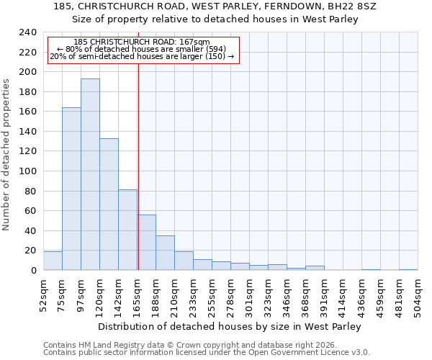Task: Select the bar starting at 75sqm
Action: pos(71,189)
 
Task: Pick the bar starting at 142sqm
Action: pos(127,230)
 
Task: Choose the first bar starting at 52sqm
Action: pos(53,261)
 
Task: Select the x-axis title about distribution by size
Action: pos(229,326)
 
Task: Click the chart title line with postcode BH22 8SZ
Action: pos(215,6)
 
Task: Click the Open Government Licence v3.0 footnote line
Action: pos(207,352)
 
